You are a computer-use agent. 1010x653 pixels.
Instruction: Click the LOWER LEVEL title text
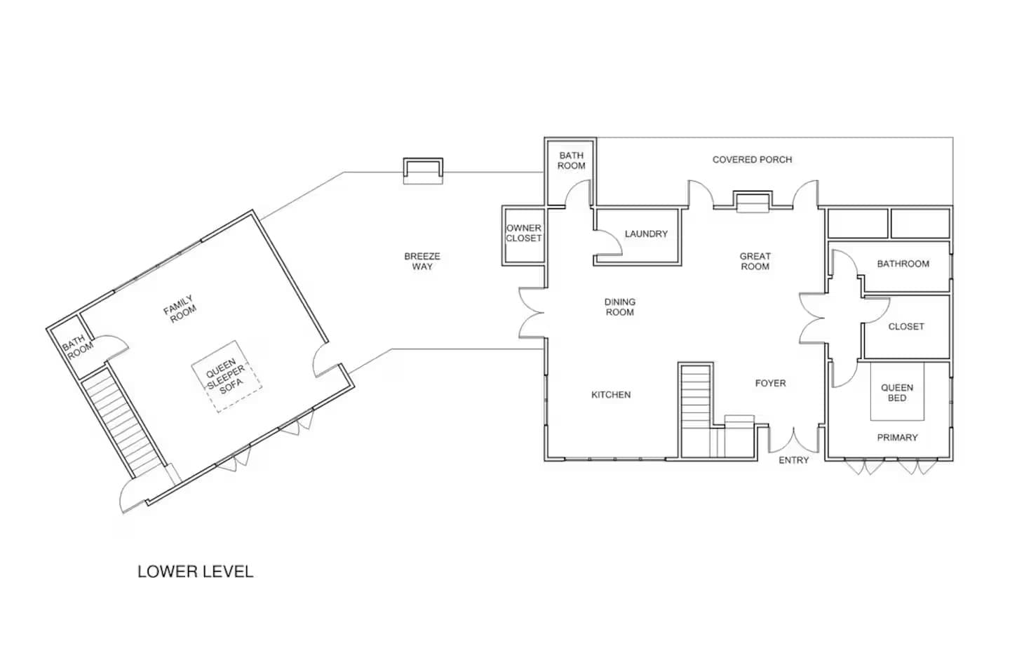click(x=195, y=572)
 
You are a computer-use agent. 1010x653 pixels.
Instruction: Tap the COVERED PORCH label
click(x=752, y=160)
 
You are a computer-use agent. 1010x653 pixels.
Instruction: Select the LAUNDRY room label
click(x=646, y=234)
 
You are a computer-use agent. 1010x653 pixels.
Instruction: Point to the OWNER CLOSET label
click(x=524, y=234)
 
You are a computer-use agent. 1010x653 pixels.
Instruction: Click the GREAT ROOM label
click(x=755, y=262)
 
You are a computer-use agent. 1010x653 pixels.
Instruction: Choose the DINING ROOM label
click(x=620, y=307)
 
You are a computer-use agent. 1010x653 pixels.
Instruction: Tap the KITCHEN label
click(x=611, y=395)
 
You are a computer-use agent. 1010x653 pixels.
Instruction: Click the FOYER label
click(x=770, y=384)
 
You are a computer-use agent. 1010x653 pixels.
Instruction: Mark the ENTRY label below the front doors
click(x=793, y=460)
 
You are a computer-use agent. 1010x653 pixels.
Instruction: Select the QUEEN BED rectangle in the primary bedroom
click(x=897, y=392)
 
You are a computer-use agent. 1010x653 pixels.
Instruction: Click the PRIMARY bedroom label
click(x=897, y=438)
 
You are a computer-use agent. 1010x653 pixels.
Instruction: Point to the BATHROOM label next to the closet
click(x=903, y=264)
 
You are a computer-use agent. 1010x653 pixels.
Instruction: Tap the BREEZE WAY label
click(x=422, y=262)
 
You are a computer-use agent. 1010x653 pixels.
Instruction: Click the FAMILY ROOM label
click(x=180, y=309)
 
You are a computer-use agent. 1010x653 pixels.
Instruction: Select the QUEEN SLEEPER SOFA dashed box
click(x=227, y=377)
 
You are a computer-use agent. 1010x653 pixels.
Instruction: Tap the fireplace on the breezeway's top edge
click(x=423, y=171)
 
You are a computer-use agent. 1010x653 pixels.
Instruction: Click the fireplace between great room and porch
click(x=753, y=201)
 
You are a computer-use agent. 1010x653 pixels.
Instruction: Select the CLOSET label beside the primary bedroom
click(x=905, y=327)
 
